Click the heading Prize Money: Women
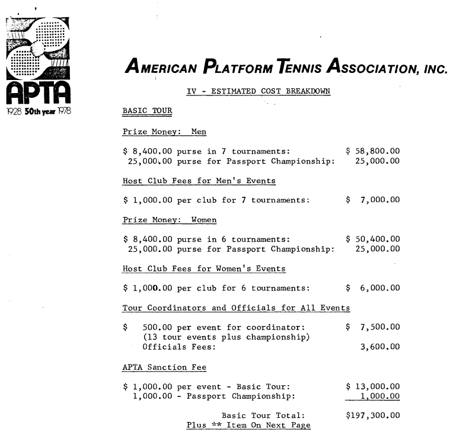point(170,220)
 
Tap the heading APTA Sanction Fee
point(164,367)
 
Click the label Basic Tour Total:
point(263,415)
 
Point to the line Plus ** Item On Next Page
point(248,425)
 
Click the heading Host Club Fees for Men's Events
point(199,181)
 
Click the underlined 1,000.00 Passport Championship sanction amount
point(379,397)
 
